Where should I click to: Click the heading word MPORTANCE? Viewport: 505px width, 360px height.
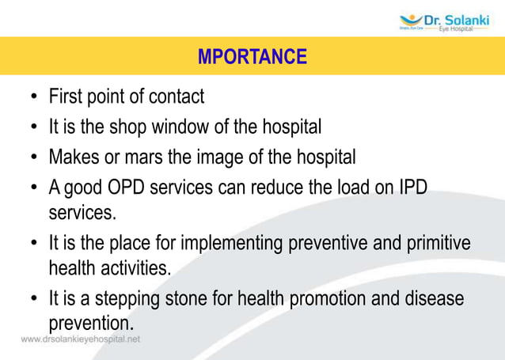(x=252, y=57)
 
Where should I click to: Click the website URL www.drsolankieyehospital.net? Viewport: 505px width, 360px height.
(x=81, y=339)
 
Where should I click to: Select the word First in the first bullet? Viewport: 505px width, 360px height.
(x=66, y=97)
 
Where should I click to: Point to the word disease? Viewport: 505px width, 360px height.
(x=434, y=300)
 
